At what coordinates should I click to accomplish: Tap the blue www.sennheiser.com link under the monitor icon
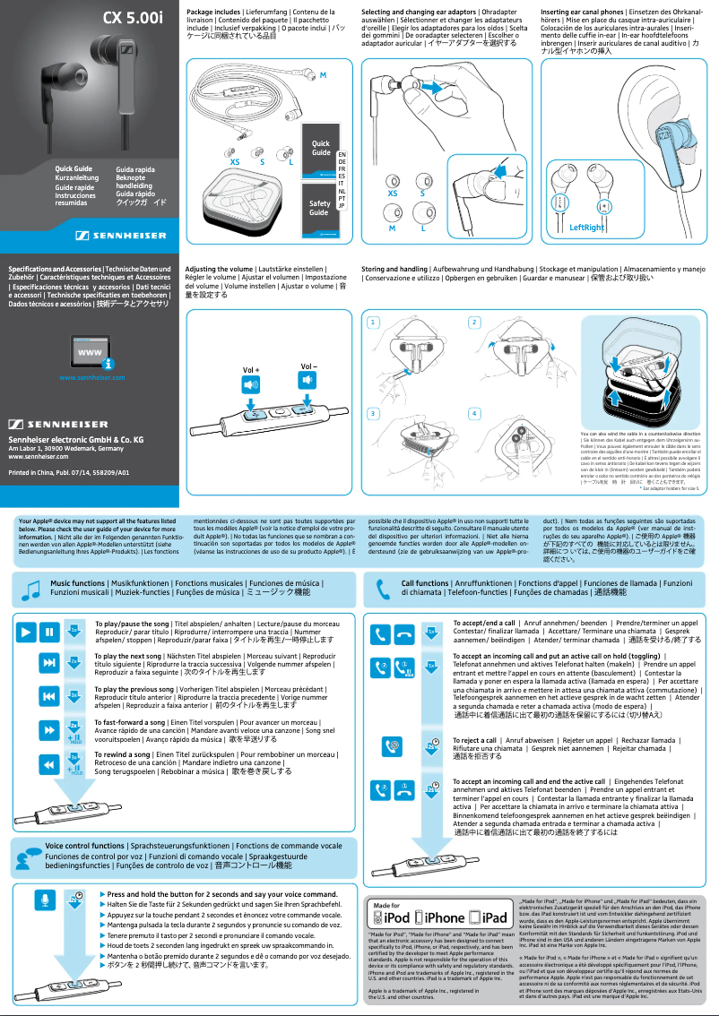(91, 377)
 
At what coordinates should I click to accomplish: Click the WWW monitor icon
(91, 353)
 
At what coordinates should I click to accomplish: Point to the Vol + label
(251, 369)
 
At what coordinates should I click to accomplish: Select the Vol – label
(308, 366)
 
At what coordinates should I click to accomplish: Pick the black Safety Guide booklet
(318, 208)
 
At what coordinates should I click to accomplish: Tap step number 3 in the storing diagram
(373, 413)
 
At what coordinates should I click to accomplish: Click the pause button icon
(48, 633)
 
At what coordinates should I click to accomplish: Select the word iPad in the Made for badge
(494, 918)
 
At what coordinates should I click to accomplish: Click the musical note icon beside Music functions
(31, 589)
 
